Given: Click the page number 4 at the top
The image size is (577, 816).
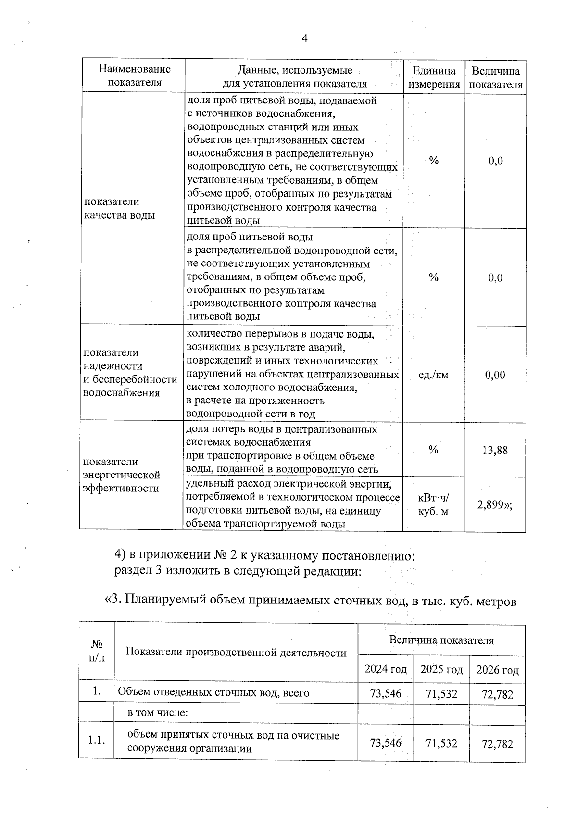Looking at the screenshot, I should point(304,38).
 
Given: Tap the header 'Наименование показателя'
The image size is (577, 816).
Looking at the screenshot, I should point(134,75).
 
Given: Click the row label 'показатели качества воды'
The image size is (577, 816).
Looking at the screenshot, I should point(120,208).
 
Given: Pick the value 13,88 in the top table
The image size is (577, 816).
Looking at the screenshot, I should point(495,450).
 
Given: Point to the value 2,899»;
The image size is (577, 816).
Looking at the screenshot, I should point(495,504).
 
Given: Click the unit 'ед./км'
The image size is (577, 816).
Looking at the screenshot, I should point(433,375).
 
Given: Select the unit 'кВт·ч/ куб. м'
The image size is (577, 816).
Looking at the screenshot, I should point(433,504).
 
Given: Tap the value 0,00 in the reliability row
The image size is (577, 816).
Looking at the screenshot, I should point(495,375).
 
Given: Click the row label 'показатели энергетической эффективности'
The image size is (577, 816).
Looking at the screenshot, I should point(121,475).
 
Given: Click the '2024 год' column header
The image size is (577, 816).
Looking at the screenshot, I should point(386,669).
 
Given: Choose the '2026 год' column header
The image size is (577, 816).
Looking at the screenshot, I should point(497,670).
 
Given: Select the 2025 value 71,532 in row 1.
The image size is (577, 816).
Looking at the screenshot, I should point(441,693).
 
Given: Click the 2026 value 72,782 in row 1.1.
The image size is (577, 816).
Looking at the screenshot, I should point(497,744).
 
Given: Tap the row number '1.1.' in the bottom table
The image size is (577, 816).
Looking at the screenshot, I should point(97,741).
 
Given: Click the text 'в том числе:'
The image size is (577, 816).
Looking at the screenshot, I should point(157,712).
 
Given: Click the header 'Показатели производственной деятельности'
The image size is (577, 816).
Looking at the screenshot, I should point(236,652).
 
